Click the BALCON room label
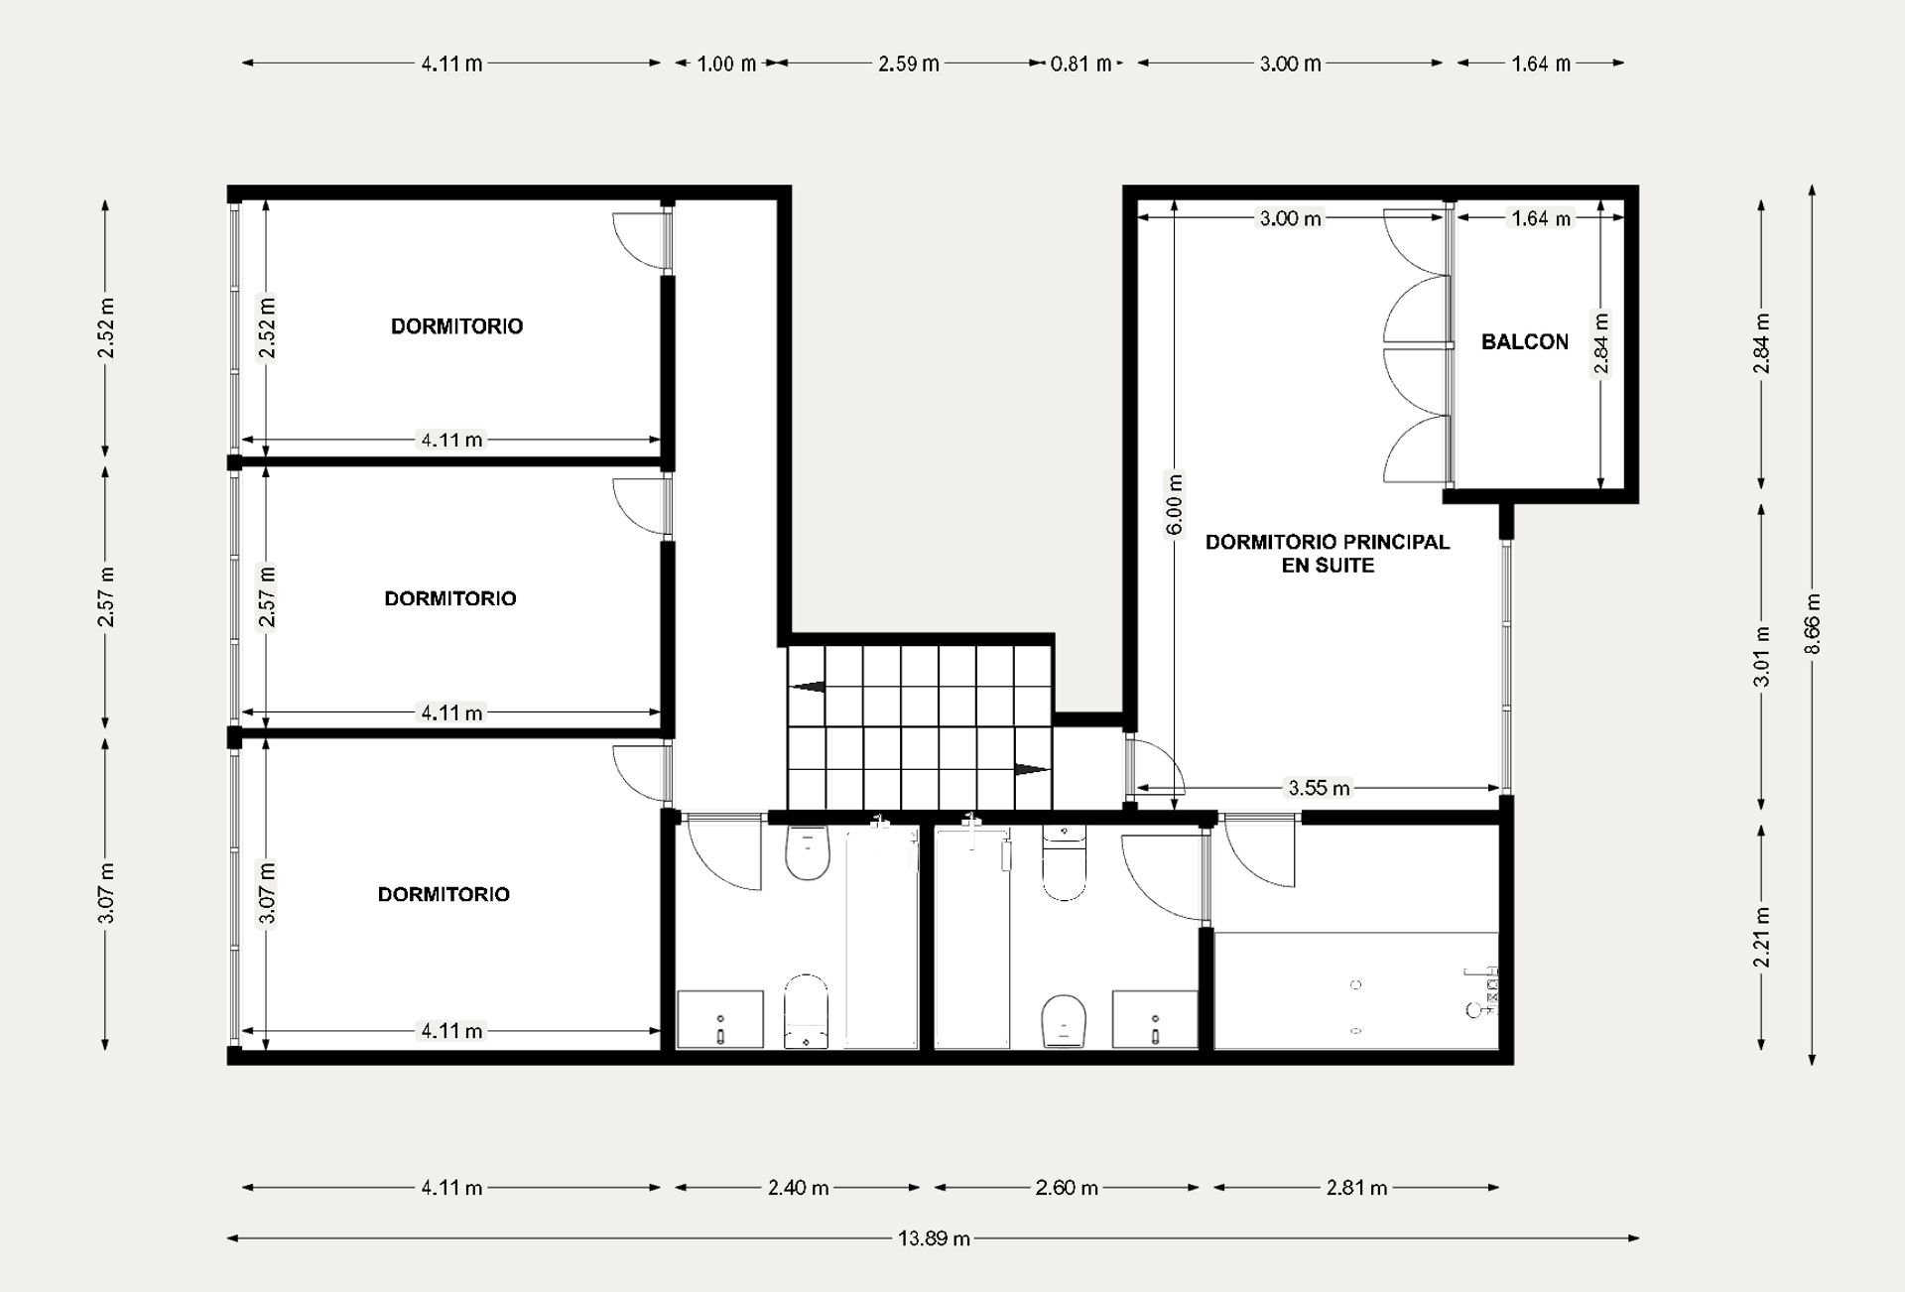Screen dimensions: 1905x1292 [1525, 342]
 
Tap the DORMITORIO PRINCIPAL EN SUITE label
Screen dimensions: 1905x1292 [1328, 554]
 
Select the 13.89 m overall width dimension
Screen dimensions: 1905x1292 [934, 1238]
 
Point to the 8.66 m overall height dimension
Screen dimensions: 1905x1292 [1813, 624]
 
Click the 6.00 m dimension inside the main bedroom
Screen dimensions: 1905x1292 [1175, 505]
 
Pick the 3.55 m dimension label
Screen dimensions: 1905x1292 [1319, 789]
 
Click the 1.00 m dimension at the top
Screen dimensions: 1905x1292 [726, 64]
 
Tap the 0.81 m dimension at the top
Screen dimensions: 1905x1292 [1080, 64]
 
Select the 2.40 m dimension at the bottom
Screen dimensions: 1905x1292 [798, 1188]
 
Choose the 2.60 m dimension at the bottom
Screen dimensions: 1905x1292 [1067, 1188]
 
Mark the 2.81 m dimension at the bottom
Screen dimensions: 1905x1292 [1356, 1188]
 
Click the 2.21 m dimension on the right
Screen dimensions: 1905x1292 [1762, 938]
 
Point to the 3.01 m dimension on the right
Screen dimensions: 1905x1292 [1762, 657]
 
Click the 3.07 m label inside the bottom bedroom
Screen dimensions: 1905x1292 [267, 893]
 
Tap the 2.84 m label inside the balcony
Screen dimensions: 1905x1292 [1601, 343]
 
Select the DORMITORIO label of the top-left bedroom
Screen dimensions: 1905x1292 [456, 326]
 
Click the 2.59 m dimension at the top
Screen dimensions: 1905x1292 [908, 64]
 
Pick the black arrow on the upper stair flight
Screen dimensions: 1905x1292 [808, 686]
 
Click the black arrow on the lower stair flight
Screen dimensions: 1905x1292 [1032, 769]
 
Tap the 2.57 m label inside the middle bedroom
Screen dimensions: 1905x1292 [267, 597]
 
